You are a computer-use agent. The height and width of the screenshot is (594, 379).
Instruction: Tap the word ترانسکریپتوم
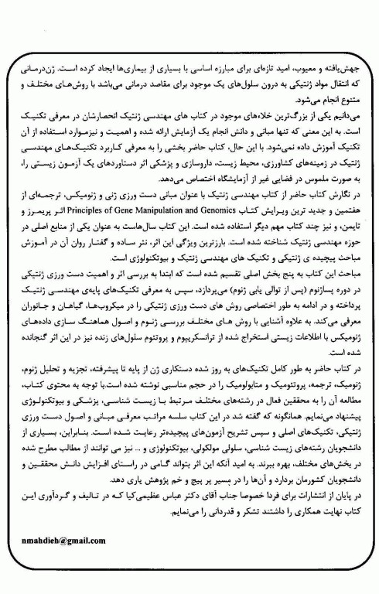point(204,335)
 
